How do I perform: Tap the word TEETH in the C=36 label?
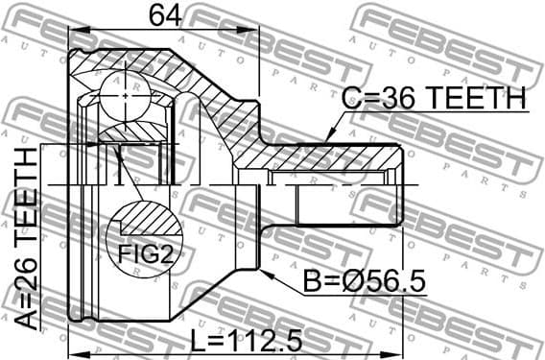tap(477, 98)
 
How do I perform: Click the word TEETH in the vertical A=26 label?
tap(26, 196)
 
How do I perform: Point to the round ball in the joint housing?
tap(126, 92)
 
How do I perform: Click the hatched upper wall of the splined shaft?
tap(326, 156)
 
